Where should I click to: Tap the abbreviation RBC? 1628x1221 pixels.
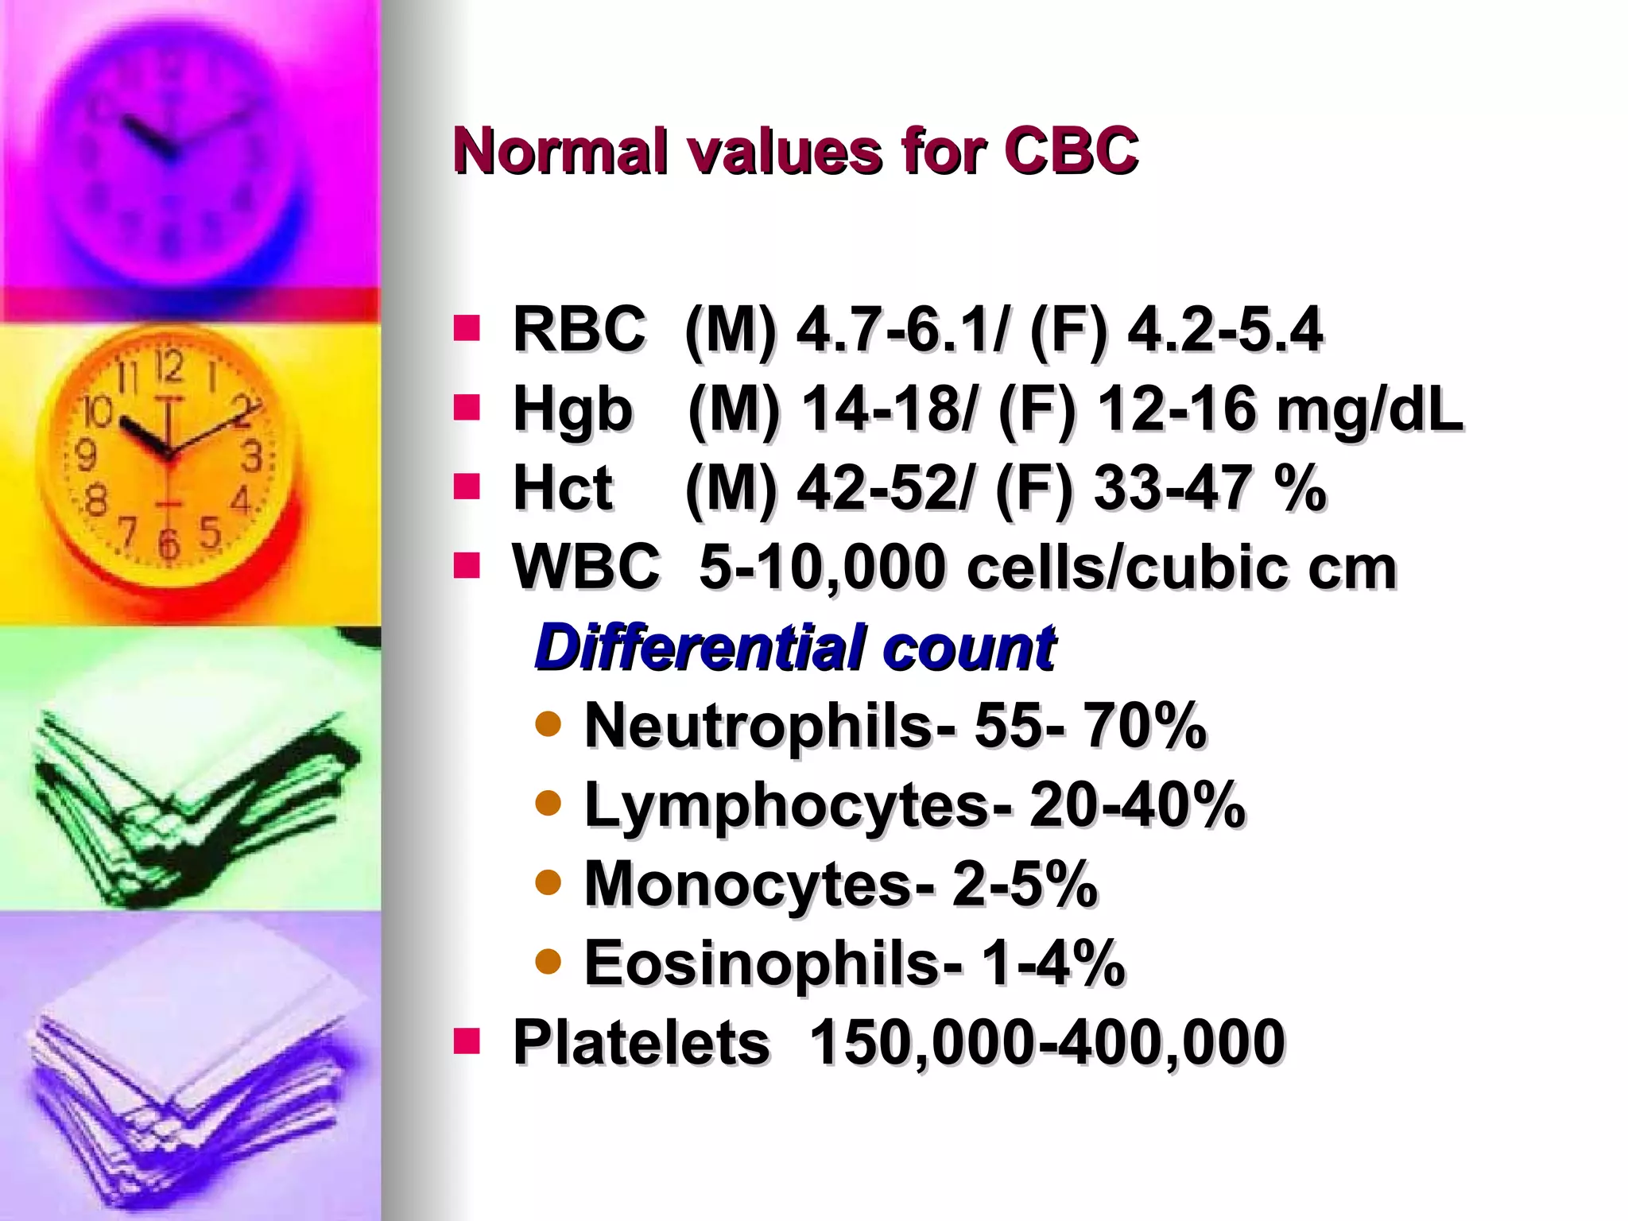pyautogui.click(x=579, y=329)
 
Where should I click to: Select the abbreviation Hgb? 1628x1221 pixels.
pyautogui.click(x=572, y=410)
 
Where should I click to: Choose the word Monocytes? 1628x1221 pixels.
pyautogui.click(x=748, y=883)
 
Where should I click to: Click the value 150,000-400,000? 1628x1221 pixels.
pyautogui.click(x=1046, y=1041)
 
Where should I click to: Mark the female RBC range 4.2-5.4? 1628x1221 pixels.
pyautogui.click(x=1225, y=329)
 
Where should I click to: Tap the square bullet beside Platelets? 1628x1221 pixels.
pyautogui.click(x=467, y=1041)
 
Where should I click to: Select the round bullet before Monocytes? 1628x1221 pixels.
pyautogui.click(x=548, y=882)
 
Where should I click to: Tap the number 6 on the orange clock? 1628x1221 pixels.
pyautogui.click(x=169, y=545)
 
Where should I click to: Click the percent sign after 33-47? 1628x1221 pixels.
pyautogui.click(x=1300, y=487)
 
